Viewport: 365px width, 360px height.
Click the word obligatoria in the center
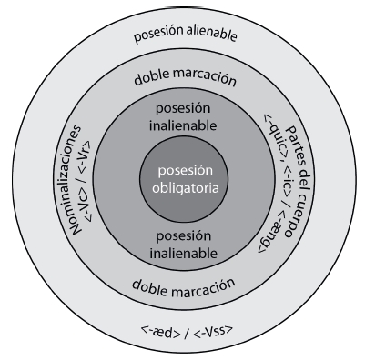pos(182,188)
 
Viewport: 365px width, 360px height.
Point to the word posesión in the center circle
pos(182,171)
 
